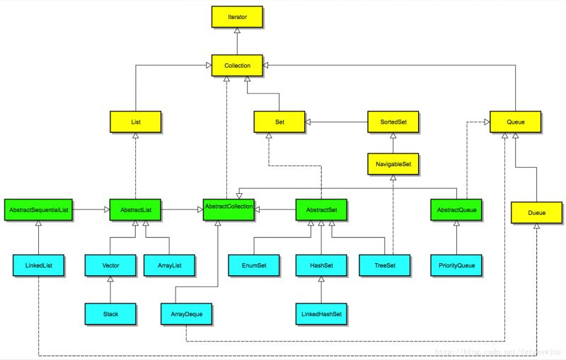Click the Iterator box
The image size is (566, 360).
click(x=237, y=16)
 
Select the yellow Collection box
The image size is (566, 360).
click(x=237, y=65)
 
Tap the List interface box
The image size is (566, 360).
click(x=136, y=122)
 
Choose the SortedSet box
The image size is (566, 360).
click(x=393, y=122)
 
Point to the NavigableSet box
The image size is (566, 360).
click(x=393, y=165)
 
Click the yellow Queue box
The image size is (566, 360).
click(x=516, y=122)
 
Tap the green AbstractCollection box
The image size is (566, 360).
click(x=229, y=210)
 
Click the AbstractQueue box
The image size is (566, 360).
click(x=456, y=210)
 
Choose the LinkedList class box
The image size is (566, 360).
click(x=39, y=265)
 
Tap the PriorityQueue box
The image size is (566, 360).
click(x=456, y=265)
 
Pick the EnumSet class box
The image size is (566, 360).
click(x=253, y=265)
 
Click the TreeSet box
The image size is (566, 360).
click(x=383, y=265)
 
